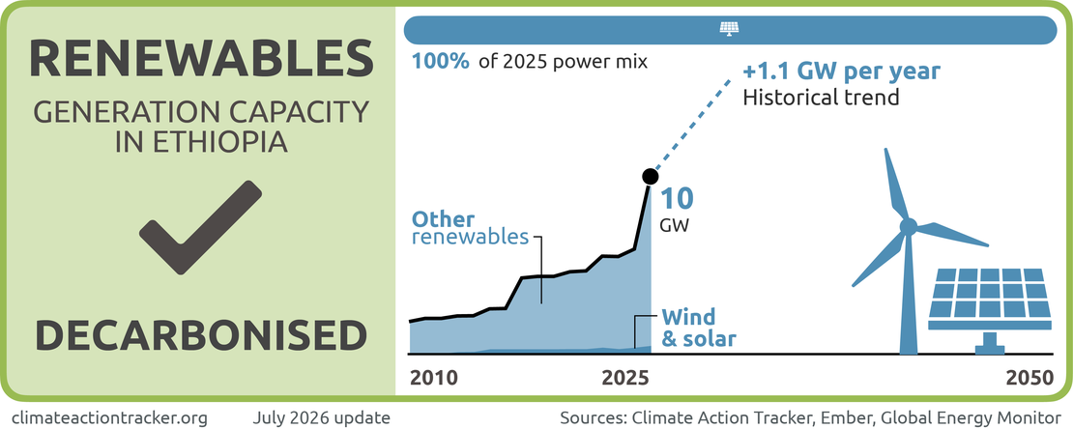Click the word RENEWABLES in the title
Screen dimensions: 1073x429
[x=201, y=59]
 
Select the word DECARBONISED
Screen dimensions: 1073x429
[x=201, y=336]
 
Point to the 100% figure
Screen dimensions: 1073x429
[x=441, y=62]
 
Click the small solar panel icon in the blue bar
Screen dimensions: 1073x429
[x=730, y=29]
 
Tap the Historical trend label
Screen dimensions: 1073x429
[x=821, y=98]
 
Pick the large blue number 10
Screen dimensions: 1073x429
[x=676, y=198]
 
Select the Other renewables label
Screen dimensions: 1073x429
[x=470, y=229]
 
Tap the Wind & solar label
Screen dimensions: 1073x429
[x=698, y=327]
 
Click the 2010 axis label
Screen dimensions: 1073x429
[x=434, y=379]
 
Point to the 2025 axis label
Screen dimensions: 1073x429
[x=625, y=379]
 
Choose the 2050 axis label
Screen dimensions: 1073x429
[x=1030, y=379]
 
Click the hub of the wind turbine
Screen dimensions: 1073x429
[x=908, y=226]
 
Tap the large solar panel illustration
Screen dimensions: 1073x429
[x=990, y=308]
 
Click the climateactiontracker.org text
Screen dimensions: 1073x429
[x=110, y=416]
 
